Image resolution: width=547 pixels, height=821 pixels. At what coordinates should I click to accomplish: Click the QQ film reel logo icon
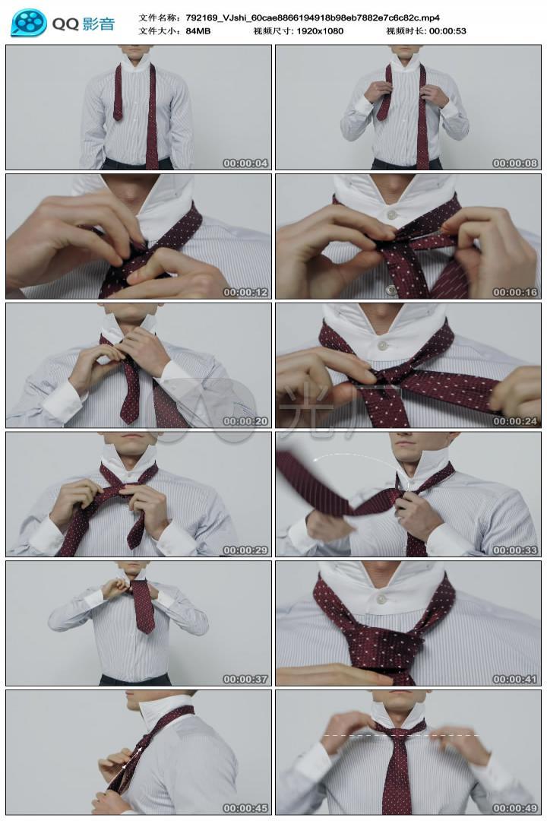pyautogui.click(x=28, y=23)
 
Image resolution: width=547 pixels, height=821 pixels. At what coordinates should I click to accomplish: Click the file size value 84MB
pyautogui.click(x=198, y=31)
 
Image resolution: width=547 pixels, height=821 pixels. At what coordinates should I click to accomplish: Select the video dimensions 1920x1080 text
pyautogui.click(x=320, y=31)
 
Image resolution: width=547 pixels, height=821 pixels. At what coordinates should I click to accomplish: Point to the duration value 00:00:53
pyautogui.click(x=447, y=31)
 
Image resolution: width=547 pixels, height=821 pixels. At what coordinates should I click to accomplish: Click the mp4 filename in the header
pyautogui.click(x=312, y=17)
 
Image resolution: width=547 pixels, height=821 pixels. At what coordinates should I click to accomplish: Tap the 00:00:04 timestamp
pyautogui.click(x=245, y=163)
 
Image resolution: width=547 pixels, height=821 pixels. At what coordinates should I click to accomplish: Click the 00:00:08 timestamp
pyautogui.click(x=515, y=163)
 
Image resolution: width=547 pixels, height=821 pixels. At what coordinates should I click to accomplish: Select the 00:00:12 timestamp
pyautogui.click(x=245, y=292)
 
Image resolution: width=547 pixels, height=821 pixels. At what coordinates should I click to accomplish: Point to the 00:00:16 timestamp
pyautogui.click(x=515, y=292)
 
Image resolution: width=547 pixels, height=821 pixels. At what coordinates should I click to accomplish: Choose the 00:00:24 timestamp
pyautogui.click(x=515, y=421)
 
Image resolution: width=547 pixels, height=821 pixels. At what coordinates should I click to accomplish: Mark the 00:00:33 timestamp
pyautogui.click(x=515, y=550)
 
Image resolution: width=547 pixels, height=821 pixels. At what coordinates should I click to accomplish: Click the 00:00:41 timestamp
pyautogui.click(x=515, y=679)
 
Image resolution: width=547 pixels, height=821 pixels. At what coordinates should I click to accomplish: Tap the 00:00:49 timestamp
pyautogui.click(x=515, y=808)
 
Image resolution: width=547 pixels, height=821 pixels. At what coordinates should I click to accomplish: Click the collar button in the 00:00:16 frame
pyautogui.click(x=391, y=214)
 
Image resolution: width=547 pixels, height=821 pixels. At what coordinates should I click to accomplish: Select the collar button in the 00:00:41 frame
pyautogui.click(x=381, y=598)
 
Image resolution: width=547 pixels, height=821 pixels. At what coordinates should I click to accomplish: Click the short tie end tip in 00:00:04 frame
pyautogui.click(x=118, y=117)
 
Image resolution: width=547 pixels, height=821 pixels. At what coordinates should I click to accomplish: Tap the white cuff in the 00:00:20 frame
pyautogui.click(x=62, y=400)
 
